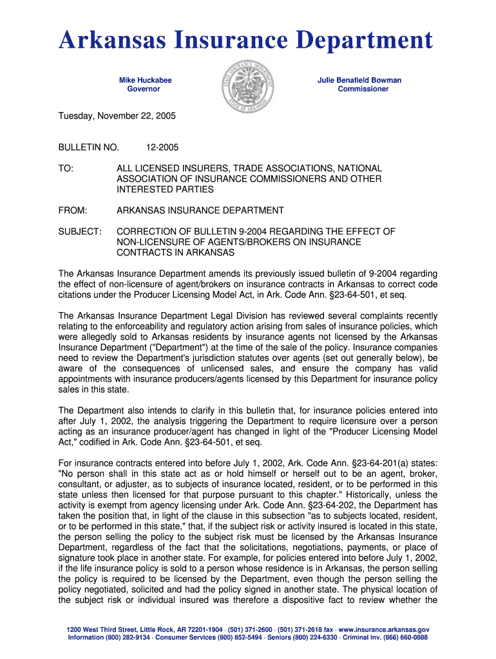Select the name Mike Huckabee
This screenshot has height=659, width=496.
click(x=145, y=80)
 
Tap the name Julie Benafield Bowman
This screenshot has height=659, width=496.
click(x=359, y=80)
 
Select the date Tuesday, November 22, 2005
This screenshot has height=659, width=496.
click(x=117, y=116)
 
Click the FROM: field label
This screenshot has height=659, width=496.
click(x=72, y=210)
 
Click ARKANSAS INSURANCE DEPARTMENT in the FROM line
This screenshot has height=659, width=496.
click(x=200, y=210)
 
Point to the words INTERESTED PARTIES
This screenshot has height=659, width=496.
click(x=165, y=190)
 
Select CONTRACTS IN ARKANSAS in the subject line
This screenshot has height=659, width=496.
click(x=175, y=252)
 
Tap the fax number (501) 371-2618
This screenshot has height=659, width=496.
click(x=307, y=629)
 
